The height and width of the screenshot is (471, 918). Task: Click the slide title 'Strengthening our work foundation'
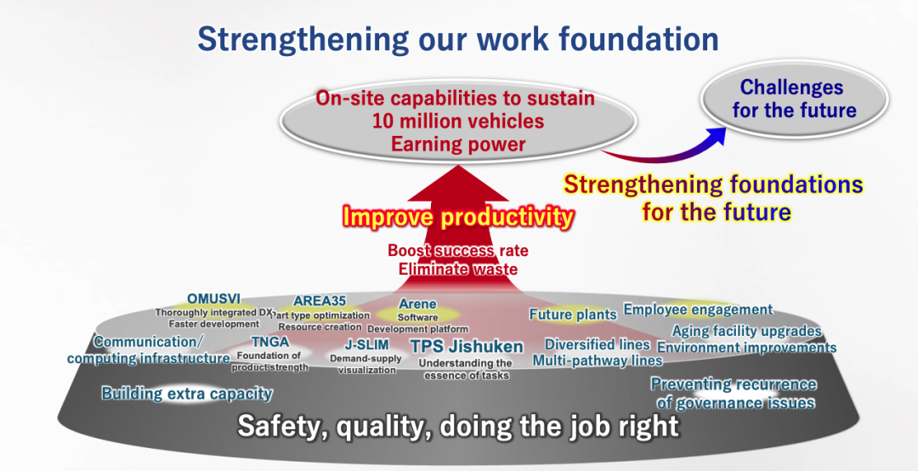458,38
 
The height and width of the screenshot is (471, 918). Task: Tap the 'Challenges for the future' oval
795,99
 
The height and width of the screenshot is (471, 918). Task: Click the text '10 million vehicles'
458,121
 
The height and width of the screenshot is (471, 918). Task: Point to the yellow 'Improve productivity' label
458,217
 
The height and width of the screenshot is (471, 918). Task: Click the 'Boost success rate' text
458,251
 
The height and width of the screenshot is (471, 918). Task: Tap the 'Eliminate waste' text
458,269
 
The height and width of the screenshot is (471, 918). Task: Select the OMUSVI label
213,298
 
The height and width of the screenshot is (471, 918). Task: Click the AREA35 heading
320,301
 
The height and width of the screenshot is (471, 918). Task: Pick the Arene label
417,304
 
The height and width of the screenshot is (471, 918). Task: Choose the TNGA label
270,342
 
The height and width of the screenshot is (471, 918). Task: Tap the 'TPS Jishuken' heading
467,346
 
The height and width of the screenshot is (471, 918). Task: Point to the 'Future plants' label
573,315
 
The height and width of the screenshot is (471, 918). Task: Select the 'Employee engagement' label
698,309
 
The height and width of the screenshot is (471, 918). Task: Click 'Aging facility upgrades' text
746,331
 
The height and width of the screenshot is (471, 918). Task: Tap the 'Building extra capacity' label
187,393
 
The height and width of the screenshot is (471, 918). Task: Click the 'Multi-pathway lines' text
598,360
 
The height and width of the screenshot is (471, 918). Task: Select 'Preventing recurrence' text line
734,384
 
